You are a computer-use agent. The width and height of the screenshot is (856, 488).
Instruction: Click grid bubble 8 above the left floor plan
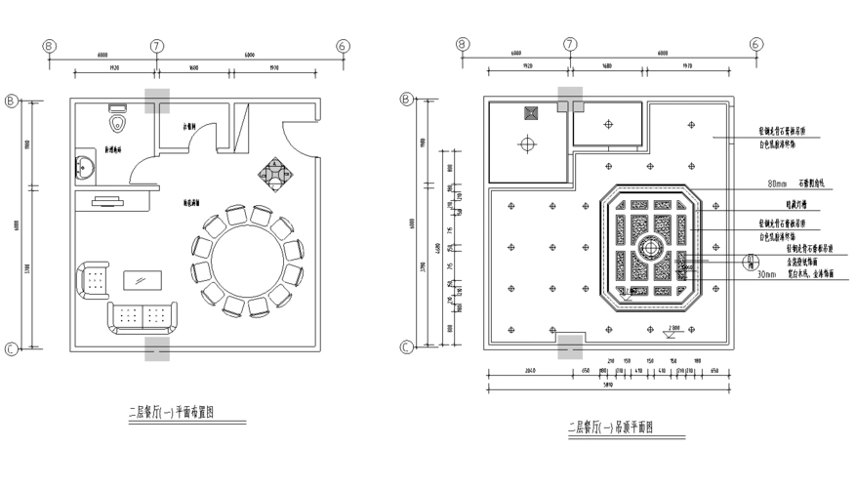click(x=49, y=46)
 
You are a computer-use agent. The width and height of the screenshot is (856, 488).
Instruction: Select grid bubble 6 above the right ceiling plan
click(x=755, y=46)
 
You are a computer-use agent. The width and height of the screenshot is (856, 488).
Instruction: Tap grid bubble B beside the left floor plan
click(x=12, y=100)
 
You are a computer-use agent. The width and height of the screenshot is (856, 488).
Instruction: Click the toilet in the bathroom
click(x=118, y=124)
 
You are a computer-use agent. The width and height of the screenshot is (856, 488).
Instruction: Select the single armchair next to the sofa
click(x=94, y=280)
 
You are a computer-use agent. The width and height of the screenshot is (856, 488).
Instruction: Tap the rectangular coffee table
click(x=143, y=280)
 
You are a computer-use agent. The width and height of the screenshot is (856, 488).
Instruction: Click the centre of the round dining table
click(x=248, y=259)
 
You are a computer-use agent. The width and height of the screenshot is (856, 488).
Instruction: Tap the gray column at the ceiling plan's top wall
click(x=570, y=98)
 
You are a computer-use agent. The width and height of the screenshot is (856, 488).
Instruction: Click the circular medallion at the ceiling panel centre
click(x=648, y=244)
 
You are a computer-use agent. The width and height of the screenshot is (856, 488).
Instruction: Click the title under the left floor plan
click(x=172, y=412)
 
